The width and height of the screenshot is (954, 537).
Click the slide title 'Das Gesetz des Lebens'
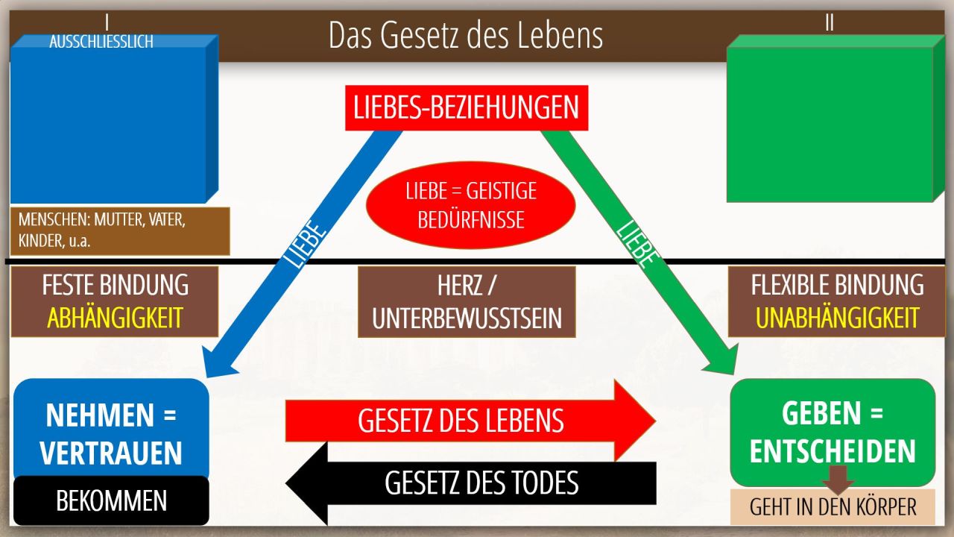pos(466,36)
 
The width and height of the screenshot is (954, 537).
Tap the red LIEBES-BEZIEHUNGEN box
pos(467,108)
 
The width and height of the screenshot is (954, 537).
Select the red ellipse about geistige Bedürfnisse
pos(470,205)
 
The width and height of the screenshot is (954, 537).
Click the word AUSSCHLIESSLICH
pos(101,42)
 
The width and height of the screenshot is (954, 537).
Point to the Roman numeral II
pos(830,22)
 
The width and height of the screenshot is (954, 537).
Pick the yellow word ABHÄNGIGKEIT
pos(115,318)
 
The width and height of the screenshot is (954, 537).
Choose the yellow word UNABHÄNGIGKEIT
pos(837,318)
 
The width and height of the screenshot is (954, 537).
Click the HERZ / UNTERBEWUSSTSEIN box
pos(467,302)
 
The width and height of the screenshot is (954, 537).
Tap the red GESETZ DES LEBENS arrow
pos(470,421)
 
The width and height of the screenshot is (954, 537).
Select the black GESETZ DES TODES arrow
pos(470,483)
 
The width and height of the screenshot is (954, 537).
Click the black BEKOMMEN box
pos(111,500)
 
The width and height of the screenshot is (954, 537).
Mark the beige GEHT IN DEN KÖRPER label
pos(833,506)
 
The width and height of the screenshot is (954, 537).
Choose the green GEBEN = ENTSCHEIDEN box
pos(833,432)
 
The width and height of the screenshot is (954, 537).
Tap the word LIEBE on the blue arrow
pos(305,243)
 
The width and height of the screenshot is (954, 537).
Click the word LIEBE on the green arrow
pos(637,243)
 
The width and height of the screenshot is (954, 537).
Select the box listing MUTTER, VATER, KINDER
pos(120,231)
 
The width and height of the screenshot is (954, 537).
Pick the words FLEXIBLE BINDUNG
pos(837,285)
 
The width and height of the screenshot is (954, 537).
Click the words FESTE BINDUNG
pos(115,285)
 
